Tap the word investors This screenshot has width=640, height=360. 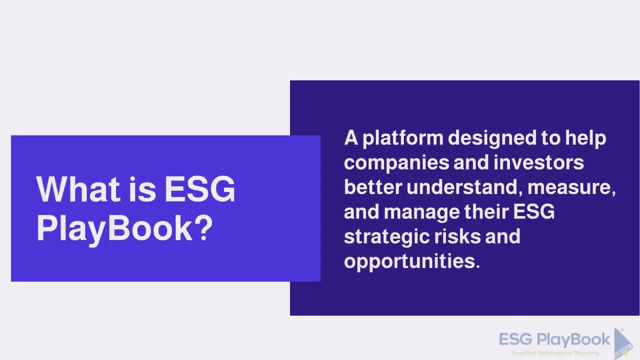click(x=538, y=163)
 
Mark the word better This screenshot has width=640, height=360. click(x=372, y=187)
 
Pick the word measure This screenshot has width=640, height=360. click(x=569, y=187)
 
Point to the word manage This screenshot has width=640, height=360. click(x=421, y=212)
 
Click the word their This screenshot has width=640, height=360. click(x=486, y=212)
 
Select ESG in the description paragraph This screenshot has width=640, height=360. click(x=534, y=212)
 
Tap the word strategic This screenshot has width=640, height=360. click(x=385, y=236)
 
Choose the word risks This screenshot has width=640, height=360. click(x=457, y=236)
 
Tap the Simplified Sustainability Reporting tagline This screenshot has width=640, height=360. click(x=554, y=353)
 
